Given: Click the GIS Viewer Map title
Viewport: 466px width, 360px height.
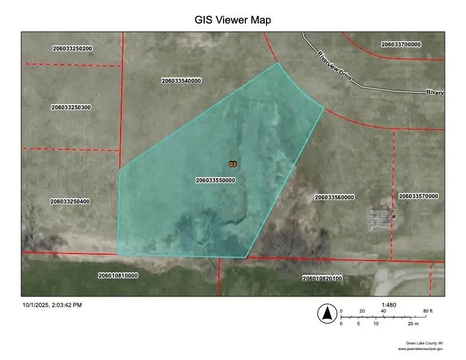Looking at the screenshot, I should pos(232,20).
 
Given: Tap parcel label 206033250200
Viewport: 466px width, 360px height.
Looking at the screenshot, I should pos(72,48).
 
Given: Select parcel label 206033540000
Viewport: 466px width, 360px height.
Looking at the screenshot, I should pos(181,81).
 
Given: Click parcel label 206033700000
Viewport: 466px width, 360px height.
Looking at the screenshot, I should pos(401,44).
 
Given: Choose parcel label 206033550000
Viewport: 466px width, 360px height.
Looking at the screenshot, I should pos(215,181).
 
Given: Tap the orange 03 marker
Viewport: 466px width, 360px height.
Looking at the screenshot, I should pos(232,164).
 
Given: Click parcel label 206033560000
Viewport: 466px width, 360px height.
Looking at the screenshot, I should pos(334,198).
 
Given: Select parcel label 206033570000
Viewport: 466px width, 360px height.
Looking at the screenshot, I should pos(418,196).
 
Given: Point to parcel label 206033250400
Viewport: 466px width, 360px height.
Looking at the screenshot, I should pos(70,202).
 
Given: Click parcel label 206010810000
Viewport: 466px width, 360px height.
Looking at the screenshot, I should pos(118,275).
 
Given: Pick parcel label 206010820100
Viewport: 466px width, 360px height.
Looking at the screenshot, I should pos(322,278).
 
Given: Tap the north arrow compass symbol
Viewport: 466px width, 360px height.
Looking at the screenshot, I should pos(325,314).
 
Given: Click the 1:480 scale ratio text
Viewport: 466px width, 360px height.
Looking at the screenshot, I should pos(389,305).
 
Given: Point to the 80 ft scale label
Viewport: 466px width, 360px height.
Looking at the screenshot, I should pos(427,311).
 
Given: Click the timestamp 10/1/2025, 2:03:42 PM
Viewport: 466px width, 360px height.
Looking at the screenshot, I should pos(52,305).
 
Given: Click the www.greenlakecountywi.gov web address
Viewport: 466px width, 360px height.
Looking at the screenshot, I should pos(420,349).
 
